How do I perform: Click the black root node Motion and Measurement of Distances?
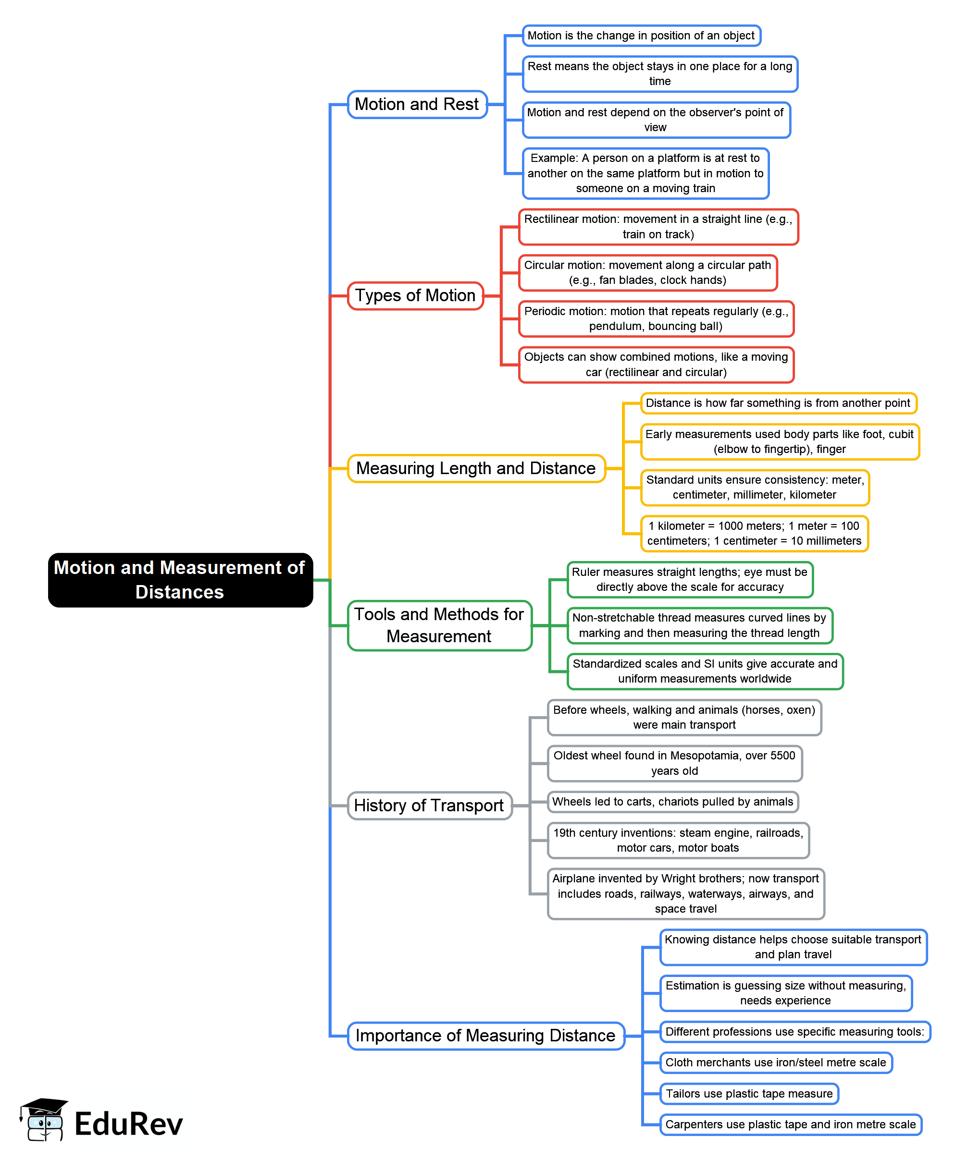[x=180, y=579]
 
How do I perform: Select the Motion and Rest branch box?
[x=417, y=104]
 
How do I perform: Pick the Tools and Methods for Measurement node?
[x=439, y=625]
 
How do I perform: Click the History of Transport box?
[x=428, y=805]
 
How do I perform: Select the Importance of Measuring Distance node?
[x=485, y=1036]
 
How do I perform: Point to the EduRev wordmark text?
[x=128, y=1123]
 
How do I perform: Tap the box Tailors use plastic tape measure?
[x=748, y=1093]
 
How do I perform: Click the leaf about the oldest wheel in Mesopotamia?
[x=674, y=763]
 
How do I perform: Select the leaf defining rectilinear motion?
[x=658, y=227]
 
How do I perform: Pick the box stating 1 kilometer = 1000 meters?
[x=754, y=533]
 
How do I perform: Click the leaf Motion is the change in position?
[x=641, y=36]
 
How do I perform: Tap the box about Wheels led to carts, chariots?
[x=672, y=801]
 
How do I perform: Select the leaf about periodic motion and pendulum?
[x=656, y=319]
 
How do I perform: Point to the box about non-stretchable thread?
[x=699, y=625]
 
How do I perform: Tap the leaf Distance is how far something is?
[x=777, y=403]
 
